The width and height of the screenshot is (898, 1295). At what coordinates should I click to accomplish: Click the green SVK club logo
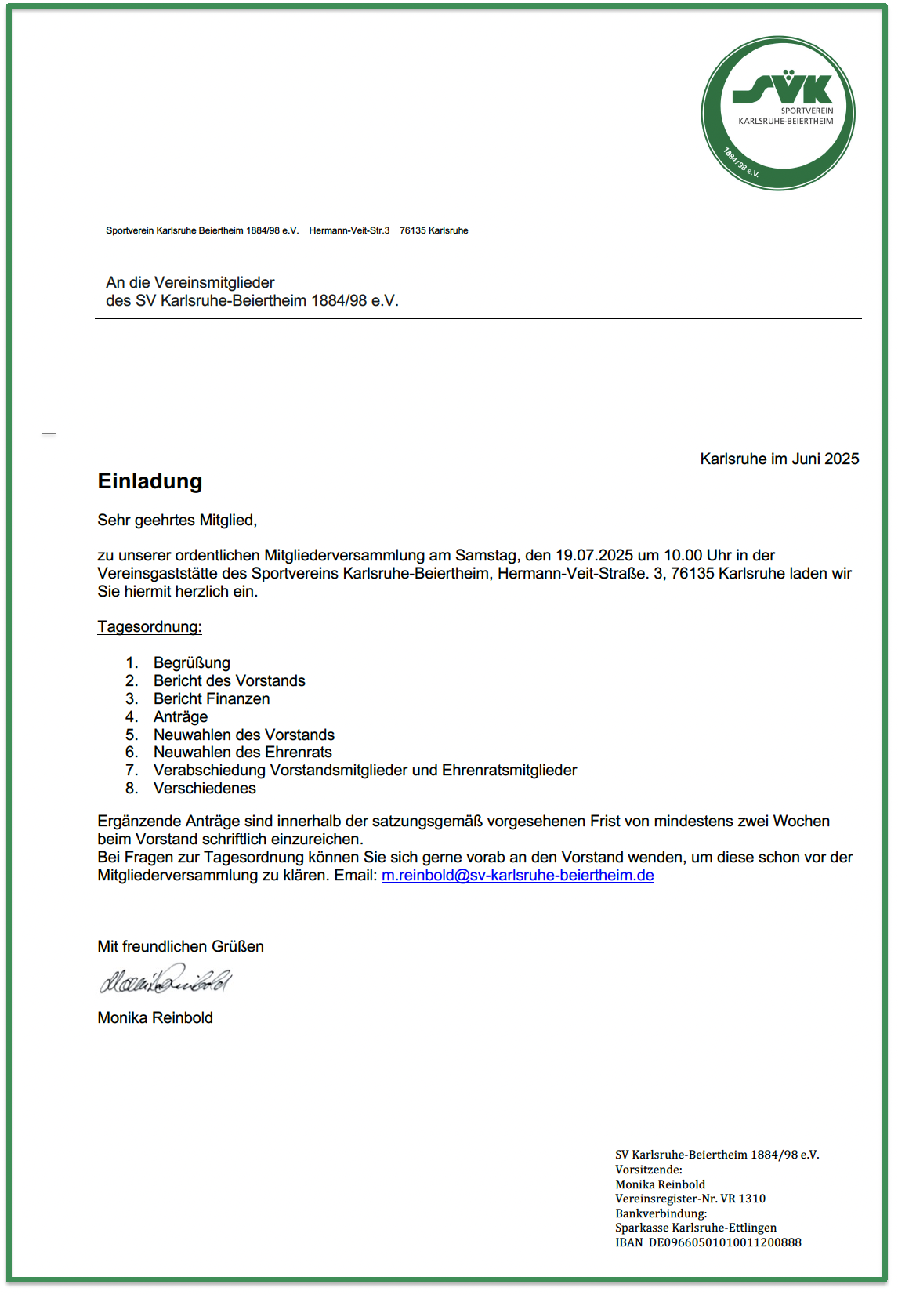tap(777, 113)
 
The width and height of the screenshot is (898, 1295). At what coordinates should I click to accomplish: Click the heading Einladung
tap(150, 481)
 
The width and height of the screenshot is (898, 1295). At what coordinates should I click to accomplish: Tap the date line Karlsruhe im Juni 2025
tap(779, 459)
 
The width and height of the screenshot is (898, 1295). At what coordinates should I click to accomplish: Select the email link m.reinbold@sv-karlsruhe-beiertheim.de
tap(517, 876)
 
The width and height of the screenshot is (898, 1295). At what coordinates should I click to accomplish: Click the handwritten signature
tap(165, 980)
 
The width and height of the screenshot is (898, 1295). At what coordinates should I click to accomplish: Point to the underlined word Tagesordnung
tap(150, 627)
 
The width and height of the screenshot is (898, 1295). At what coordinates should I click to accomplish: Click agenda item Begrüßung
tap(192, 663)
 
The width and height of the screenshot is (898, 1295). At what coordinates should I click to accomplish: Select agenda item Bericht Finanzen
tap(212, 699)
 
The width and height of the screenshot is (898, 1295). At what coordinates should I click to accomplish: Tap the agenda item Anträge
tap(181, 717)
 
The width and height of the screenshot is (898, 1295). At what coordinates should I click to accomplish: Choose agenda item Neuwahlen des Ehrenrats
tap(243, 753)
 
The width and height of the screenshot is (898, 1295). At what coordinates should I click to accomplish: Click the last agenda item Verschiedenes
tap(205, 789)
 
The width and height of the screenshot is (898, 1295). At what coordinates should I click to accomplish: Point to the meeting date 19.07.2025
tap(594, 556)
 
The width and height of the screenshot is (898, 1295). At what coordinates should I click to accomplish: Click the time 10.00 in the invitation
tap(683, 556)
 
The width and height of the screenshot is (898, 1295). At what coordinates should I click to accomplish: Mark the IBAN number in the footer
tap(724, 1242)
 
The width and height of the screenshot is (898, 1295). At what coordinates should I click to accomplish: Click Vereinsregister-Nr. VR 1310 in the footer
tap(690, 1199)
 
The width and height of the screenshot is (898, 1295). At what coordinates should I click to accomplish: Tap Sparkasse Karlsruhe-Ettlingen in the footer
tap(696, 1228)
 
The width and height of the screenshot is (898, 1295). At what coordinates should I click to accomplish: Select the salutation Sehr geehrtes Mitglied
tap(177, 521)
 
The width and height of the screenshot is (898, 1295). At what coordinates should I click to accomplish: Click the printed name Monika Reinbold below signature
tap(155, 1018)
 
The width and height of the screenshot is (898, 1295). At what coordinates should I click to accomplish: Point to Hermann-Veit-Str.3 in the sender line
tap(349, 230)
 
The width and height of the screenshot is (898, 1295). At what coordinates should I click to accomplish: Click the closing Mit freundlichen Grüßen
tap(180, 947)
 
